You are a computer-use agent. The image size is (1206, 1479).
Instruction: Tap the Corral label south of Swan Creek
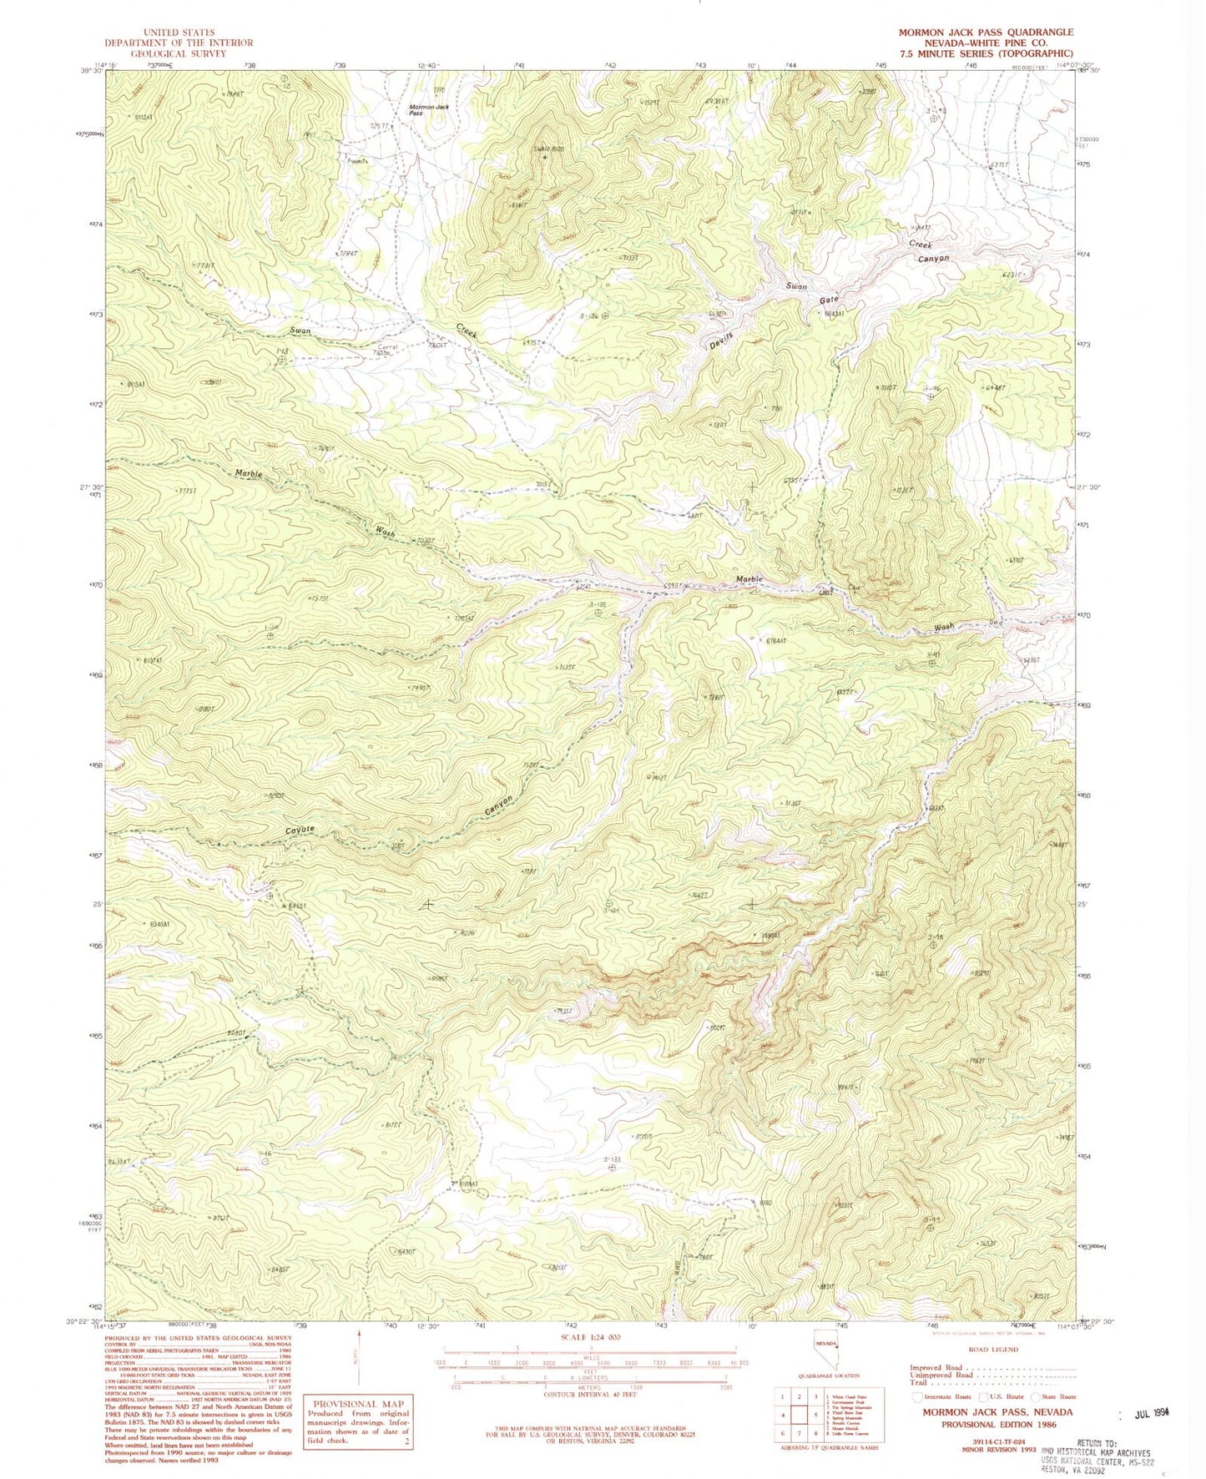tap(388, 348)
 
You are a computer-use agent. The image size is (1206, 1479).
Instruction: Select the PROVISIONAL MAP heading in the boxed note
tap(357, 1404)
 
